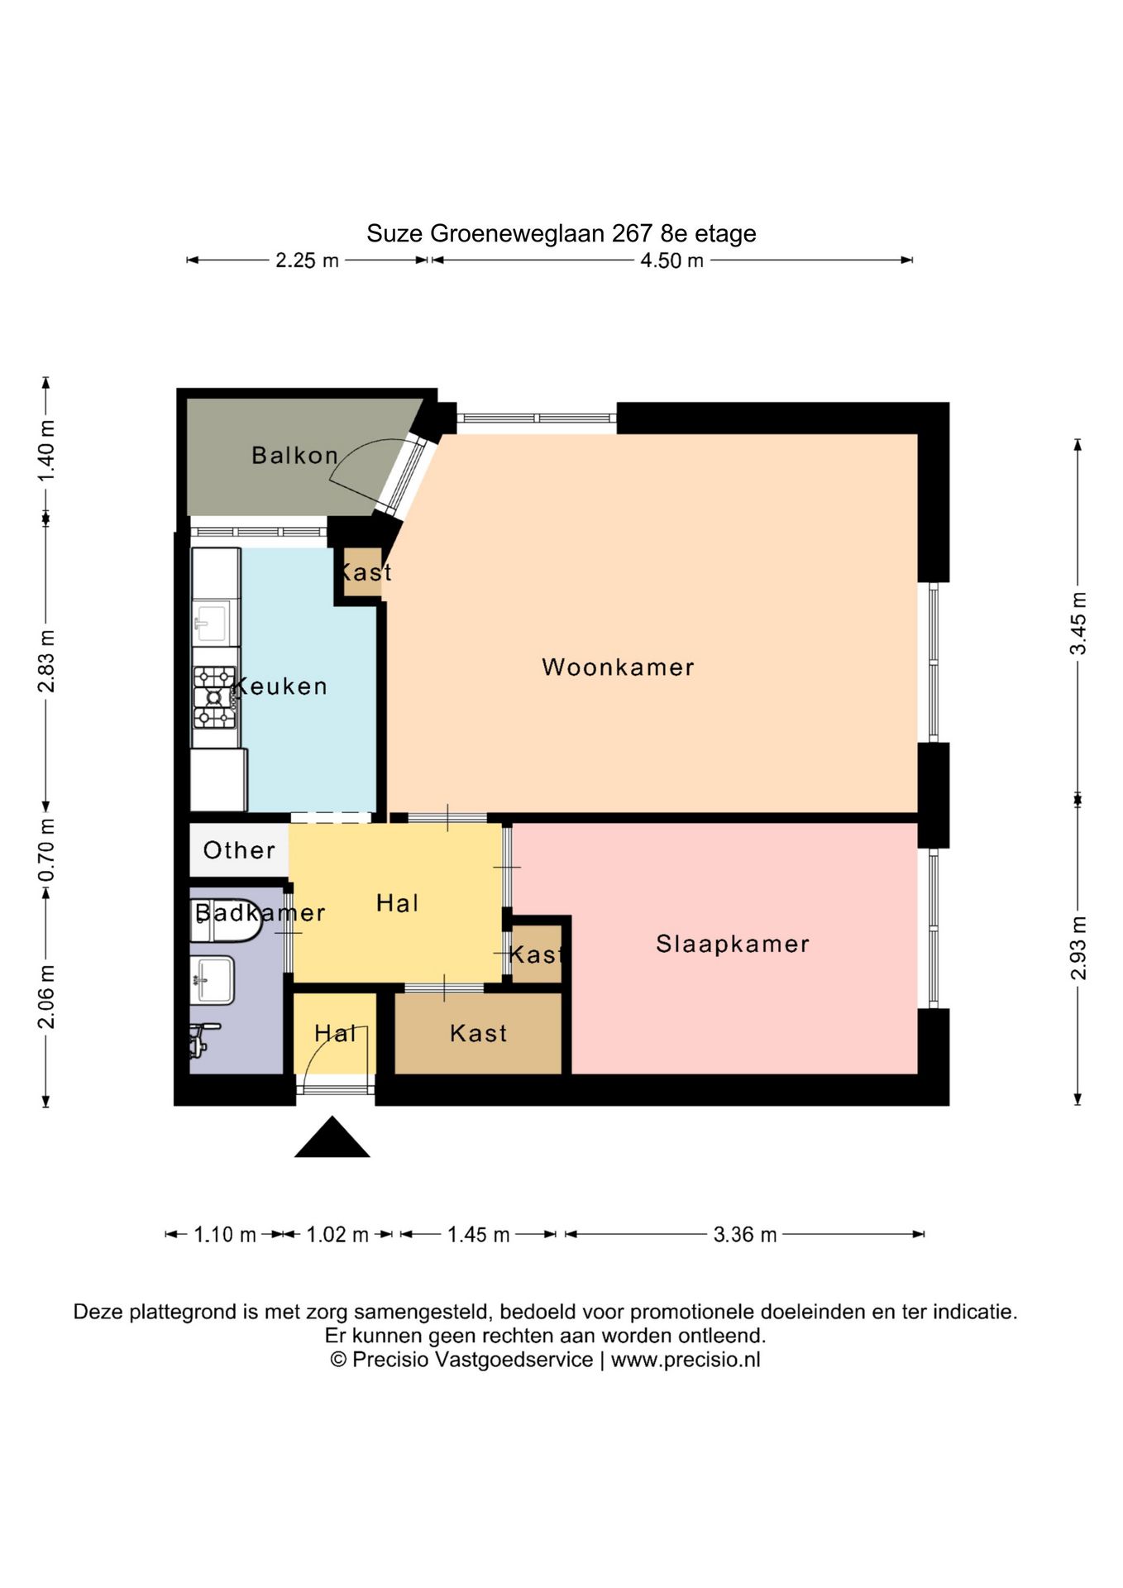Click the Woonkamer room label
[x=618, y=667]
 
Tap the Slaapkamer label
[x=733, y=944]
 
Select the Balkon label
[x=295, y=455]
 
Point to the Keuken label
[x=280, y=686]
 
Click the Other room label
[x=239, y=850]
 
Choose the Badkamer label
[x=260, y=913]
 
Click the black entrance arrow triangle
[x=332, y=1137]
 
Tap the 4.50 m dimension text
[x=671, y=261]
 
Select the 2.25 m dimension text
[x=307, y=261]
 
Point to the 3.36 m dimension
[x=745, y=1235]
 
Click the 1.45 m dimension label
[x=478, y=1235]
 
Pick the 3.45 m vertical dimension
[x=1078, y=624]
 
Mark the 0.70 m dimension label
[x=47, y=850]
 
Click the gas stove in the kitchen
[x=215, y=697]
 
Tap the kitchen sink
[x=210, y=621]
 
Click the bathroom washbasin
[x=212, y=979]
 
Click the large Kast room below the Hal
[x=478, y=1033]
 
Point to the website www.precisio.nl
[x=686, y=1361]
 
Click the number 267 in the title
[x=633, y=233]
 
